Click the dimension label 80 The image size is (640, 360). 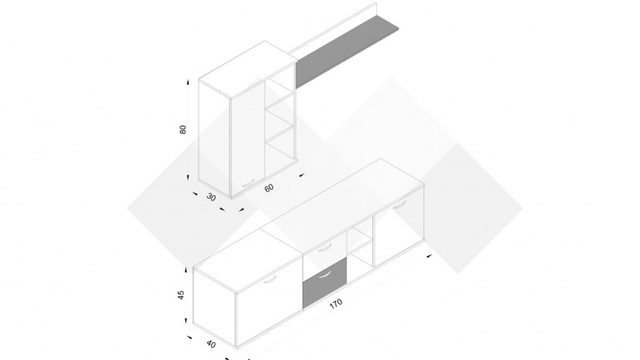coord(183,130)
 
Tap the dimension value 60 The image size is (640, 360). coord(269,188)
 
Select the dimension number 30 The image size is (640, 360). coord(211,197)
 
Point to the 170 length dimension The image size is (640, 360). coord(335,304)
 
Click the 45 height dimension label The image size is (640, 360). coord(182,294)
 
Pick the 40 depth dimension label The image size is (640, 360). coord(211,344)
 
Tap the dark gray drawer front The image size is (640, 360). coord(324,282)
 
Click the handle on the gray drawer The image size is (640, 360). coord(325,275)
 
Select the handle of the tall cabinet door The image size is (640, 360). coord(248,184)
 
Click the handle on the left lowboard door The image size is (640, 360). coord(270,280)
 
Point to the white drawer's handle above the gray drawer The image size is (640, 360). coord(325,248)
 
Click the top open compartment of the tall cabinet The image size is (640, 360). coord(279,94)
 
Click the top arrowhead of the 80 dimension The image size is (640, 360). coord(188,81)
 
